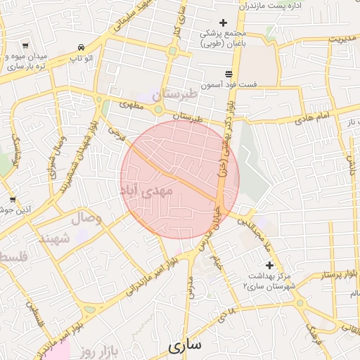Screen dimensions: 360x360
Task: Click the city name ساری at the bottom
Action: pos(185,345)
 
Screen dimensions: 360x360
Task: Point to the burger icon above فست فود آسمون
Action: pos(229,74)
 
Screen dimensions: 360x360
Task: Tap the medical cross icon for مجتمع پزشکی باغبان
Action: pos(224,22)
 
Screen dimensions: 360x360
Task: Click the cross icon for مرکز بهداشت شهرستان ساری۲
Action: pos(269,265)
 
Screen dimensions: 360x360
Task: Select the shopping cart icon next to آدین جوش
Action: pos(12,200)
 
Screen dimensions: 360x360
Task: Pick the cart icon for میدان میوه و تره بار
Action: pos(25,46)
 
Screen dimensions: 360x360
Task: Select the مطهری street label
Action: pos(131,105)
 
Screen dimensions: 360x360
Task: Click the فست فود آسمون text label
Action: pos(229,84)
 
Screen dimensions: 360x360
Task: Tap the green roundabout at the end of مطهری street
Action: pos(160,110)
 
